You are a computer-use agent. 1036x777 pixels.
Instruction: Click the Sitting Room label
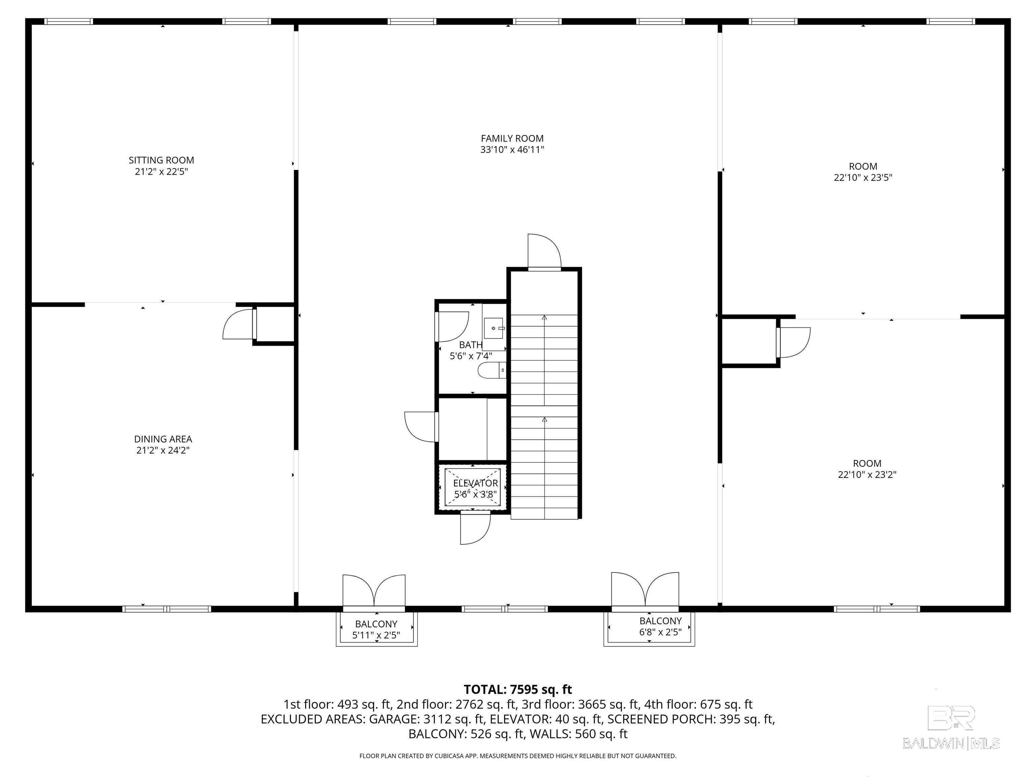click(161, 160)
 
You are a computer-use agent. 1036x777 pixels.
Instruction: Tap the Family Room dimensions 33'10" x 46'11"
click(512, 150)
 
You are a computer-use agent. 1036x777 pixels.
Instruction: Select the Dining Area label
click(163, 439)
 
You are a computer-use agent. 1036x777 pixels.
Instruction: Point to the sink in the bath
click(494, 328)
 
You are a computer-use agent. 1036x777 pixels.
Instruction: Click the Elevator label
click(476, 483)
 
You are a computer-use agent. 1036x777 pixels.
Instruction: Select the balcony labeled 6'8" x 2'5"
click(649, 628)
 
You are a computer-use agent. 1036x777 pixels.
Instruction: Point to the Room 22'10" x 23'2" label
click(867, 469)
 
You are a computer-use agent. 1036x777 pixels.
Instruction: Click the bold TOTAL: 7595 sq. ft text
click(518, 689)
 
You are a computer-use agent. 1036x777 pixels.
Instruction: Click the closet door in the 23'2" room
click(794, 342)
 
